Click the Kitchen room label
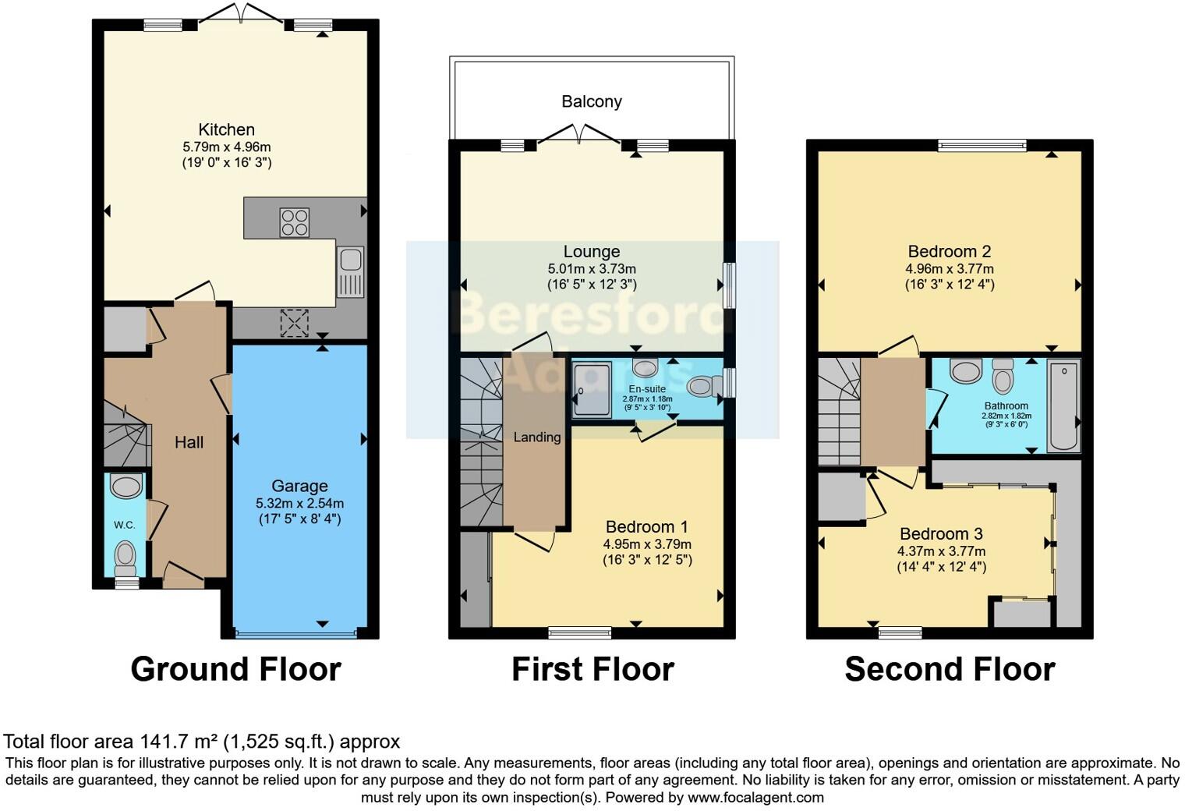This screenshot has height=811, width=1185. [226, 130]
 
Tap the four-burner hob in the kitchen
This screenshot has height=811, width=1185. [294, 222]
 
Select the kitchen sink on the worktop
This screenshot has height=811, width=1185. [350, 271]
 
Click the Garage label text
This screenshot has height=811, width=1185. [299, 486]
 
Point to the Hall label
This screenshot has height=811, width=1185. [189, 443]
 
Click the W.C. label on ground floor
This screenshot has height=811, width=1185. [125, 525]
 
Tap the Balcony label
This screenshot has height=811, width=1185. [592, 101]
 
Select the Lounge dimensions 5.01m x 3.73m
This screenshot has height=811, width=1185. [592, 269]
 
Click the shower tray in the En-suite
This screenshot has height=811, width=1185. [592, 391]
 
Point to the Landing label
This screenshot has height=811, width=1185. [536, 437]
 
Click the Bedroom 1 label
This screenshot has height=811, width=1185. [646, 527]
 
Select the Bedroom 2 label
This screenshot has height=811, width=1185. [949, 252]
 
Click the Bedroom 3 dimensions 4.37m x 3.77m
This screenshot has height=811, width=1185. [941, 551]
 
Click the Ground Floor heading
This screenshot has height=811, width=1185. [235, 669]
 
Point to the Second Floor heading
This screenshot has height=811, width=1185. [949, 669]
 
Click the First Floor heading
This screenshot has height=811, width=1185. [592, 669]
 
